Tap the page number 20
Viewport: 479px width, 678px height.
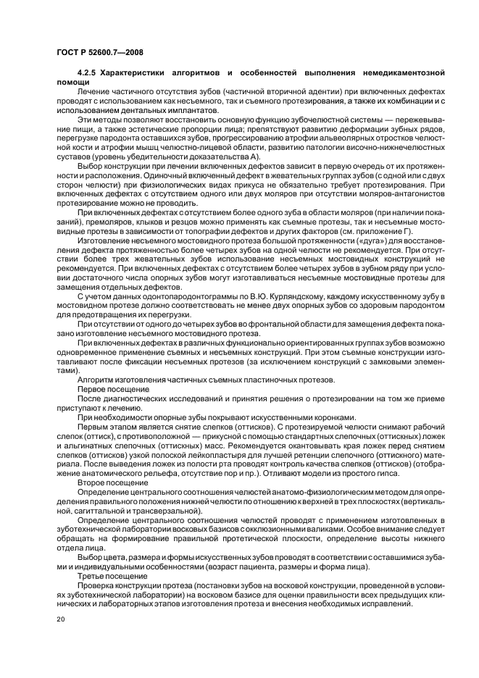61,620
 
